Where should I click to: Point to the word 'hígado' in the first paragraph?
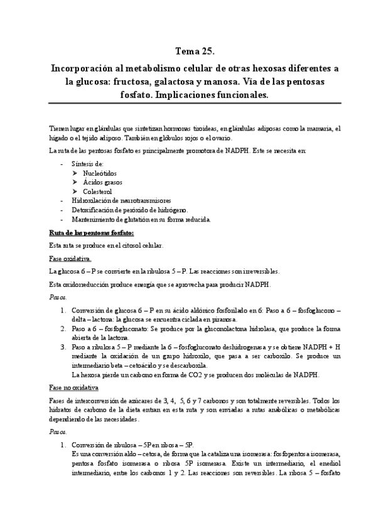coord(58,137)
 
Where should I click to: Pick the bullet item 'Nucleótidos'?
coord(99,173)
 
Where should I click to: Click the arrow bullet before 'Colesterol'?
coord(75,191)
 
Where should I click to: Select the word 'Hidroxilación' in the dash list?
coord(90,201)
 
